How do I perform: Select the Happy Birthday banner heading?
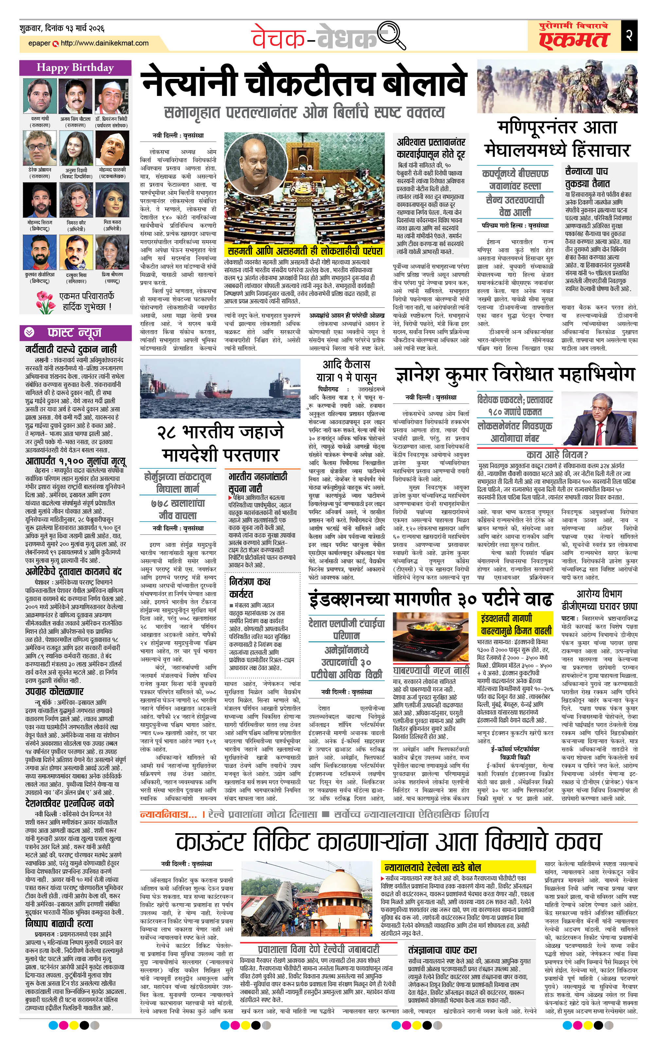point(75,68)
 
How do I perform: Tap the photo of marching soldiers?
point(557,88)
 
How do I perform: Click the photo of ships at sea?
point(220,388)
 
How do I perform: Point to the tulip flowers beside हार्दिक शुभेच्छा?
point(45,302)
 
